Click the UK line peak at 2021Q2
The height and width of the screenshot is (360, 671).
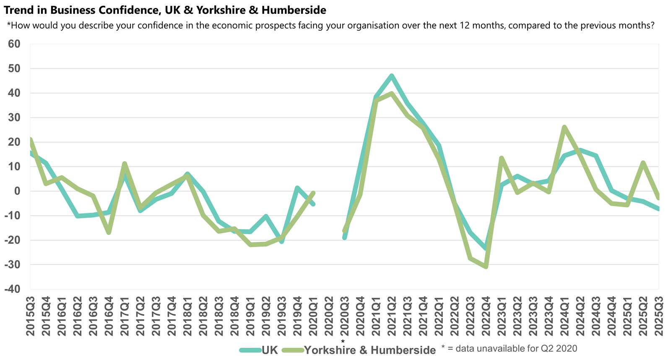pyautogui.click(x=391, y=76)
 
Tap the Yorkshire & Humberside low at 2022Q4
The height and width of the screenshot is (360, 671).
pyautogui.click(x=486, y=266)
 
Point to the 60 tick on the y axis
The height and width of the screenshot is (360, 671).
pyautogui.click(x=14, y=44)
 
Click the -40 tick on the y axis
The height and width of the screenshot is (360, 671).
pyautogui.click(x=13, y=289)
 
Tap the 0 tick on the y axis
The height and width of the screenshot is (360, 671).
pyautogui.click(x=18, y=191)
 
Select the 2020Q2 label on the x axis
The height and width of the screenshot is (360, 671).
pyautogui.click(x=328, y=316)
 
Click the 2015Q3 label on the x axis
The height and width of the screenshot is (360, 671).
pyautogui.click(x=30, y=316)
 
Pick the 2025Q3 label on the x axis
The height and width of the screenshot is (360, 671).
pyautogui.click(x=658, y=316)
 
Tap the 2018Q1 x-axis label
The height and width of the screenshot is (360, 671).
pyautogui.click(x=187, y=316)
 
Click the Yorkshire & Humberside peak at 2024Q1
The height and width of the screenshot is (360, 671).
pyautogui.click(x=564, y=127)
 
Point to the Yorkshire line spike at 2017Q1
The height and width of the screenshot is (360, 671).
pyautogui.click(x=124, y=163)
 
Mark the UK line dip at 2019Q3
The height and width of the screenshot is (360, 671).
pyautogui.click(x=281, y=242)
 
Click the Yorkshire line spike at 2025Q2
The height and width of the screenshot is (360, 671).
pyautogui.click(x=643, y=162)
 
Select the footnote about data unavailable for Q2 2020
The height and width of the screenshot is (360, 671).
pyautogui.click(x=509, y=349)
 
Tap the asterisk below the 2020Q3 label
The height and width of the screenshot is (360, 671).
pyautogui.click(x=343, y=342)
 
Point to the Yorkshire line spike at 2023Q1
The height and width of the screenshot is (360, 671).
pyautogui.click(x=501, y=158)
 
